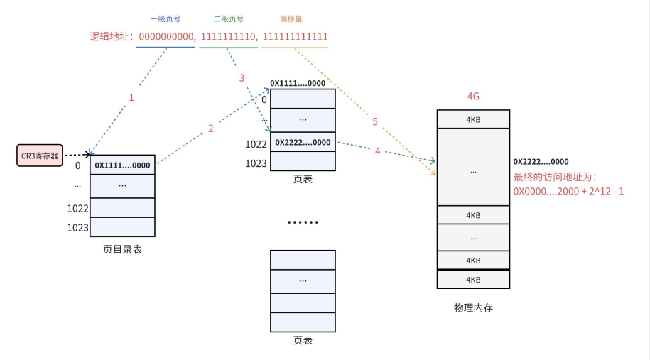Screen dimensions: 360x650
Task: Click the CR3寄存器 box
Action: pos(39,154)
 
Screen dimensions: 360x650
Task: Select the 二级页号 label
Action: pos(228,20)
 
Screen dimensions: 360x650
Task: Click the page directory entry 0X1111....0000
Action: pos(122,165)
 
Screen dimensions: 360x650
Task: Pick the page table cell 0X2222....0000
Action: pos(303,142)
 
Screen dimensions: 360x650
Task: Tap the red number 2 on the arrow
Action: pos(210,129)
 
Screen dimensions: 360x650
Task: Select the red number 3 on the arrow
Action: pos(242,77)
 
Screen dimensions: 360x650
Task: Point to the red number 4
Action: pos(378,151)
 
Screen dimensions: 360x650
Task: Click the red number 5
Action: pos(374,121)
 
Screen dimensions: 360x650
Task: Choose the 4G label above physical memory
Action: pos(473,97)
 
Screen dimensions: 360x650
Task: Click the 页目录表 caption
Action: pos(122,249)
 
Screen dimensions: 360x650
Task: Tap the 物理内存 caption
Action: pos(473,308)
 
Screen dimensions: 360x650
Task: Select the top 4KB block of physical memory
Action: pos(473,119)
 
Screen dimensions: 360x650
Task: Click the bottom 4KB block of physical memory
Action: pos(473,280)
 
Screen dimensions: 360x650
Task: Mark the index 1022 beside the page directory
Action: pos(78,208)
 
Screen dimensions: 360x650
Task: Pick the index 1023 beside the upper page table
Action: pos(256,163)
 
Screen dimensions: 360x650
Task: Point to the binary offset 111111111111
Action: pos(295,36)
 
